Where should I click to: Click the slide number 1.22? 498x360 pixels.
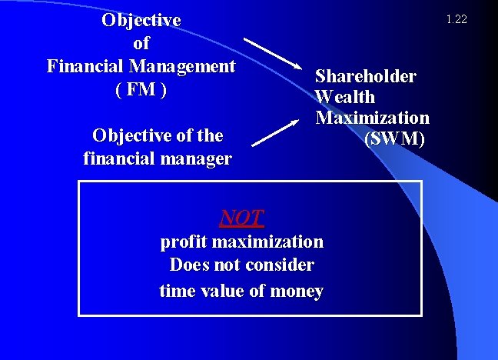[456, 18]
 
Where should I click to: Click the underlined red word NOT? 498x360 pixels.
[241, 218]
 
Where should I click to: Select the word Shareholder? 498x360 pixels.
[365, 77]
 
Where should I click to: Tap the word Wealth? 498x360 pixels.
[345, 98]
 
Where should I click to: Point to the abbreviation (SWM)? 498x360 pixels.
[394, 139]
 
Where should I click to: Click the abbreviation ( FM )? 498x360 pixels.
[141, 89]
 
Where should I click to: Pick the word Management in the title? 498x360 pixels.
[184, 66]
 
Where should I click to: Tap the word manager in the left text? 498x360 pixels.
[194, 159]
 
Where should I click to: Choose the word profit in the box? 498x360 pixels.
[183, 242]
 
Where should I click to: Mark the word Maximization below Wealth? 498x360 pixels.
[373, 118]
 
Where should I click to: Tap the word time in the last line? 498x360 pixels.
[176, 292]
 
